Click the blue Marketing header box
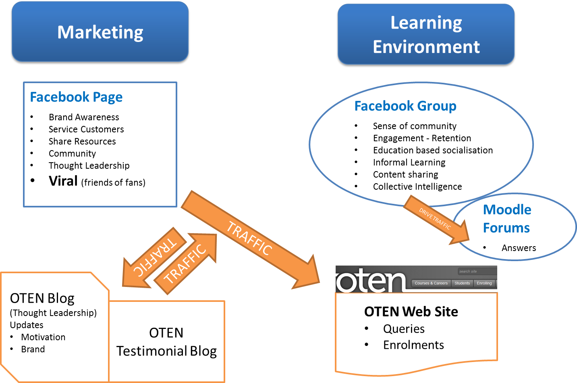pyautogui.click(x=100, y=32)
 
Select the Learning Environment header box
pyautogui.click(x=426, y=35)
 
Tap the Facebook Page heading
pyautogui.click(x=76, y=97)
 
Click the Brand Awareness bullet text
pyautogui.click(x=84, y=117)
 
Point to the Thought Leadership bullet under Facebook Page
pyautogui.click(x=89, y=165)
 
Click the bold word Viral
pyautogui.click(x=63, y=181)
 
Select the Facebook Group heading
pyautogui.click(x=405, y=106)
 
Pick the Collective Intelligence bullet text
pyautogui.click(x=417, y=186)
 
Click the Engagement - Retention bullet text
pyautogui.click(x=422, y=138)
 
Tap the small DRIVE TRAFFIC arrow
pyautogui.click(x=435, y=219)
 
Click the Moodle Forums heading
pyautogui.click(x=507, y=219)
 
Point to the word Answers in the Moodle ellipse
pyautogui.click(x=519, y=248)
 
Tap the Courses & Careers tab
pyautogui.click(x=431, y=283)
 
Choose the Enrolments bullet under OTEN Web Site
pyautogui.click(x=413, y=345)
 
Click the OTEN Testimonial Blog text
pyautogui.click(x=166, y=342)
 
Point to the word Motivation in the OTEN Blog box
pyautogui.click(x=43, y=337)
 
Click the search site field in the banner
pyautogui.click(x=477, y=272)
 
